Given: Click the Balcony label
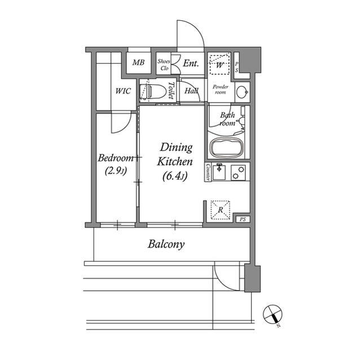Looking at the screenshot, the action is [x=166, y=244].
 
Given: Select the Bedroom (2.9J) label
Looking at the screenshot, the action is [x=116, y=164].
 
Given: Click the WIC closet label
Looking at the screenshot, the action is [x=123, y=91].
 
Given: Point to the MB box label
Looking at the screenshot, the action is [x=138, y=63].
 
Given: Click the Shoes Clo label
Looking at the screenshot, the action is [x=164, y=65].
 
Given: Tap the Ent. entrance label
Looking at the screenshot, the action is [x=191, y=63].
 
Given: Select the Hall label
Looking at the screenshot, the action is [x=191, y=91].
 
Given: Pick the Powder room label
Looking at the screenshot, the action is [x=221, y=90].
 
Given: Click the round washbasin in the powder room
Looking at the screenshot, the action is [x=242, y=92].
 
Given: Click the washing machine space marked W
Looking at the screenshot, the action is [x=219, y=65].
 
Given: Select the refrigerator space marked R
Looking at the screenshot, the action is [x=221, y=210].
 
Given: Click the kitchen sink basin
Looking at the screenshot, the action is [x=219, y=172].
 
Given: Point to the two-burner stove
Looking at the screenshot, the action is [x=238, y=172].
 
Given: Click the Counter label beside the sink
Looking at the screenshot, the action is [x=208, y=172].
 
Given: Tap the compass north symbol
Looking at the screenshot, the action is [x=273, y=315].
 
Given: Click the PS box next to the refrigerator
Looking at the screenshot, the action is [x=243, y=219].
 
